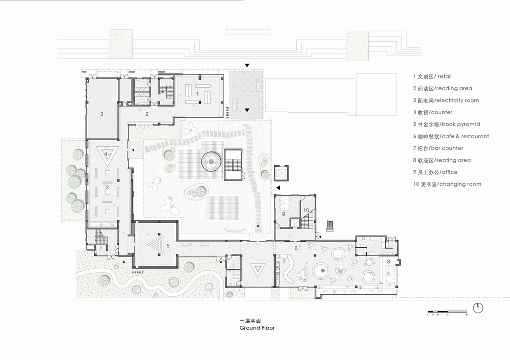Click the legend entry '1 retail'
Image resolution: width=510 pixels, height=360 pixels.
(x=432, y=76)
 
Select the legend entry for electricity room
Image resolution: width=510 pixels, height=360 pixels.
(x=446, y=100)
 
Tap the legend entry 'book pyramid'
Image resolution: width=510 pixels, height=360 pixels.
(x=445, y=124)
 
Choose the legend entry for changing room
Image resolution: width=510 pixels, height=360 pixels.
(x=447, y=184)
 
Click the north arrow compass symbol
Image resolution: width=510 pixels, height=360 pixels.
(x=478, y=308)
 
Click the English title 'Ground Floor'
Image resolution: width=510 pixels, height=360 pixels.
(x=257, y=328)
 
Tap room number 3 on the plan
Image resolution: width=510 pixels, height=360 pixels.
(x=101, y=114)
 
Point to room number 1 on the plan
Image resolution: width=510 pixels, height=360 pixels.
(x=197, y=94)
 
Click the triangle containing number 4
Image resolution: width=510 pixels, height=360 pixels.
(x=106, y=155)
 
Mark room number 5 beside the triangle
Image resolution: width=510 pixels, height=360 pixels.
(x=168, y=246)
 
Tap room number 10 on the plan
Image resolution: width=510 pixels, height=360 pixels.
(x=306, y=210)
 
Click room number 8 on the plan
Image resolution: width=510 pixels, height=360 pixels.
(x=389, y=262)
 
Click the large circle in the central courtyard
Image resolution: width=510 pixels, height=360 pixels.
(x=211, y=161)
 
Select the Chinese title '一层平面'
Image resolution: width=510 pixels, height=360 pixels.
(x=249, y=322)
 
